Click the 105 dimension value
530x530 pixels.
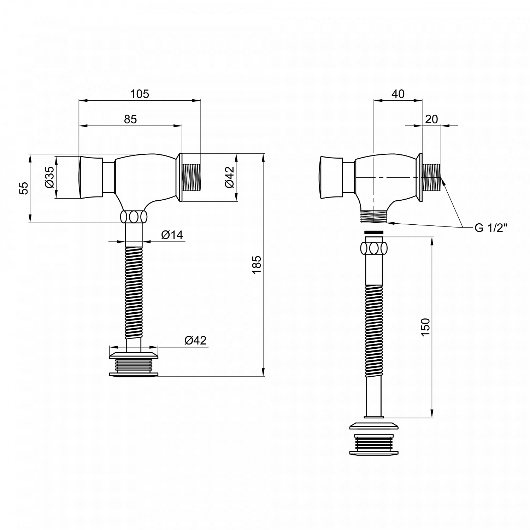click(x=140, y=94)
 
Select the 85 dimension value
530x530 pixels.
click(x=130, y=119)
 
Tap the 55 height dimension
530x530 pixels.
click(x=23, y=188)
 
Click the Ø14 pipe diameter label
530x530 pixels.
click(x=172, y=235)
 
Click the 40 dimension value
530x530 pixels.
click(x=398, y=94)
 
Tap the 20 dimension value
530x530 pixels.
click(x=431, y=119)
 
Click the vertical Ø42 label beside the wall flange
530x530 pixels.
click(x=229, y=177)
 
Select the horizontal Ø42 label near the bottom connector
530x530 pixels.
click(x=195, y=340)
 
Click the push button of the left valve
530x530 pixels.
click(x=90, y=177)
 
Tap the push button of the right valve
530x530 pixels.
click(x=330, y=177)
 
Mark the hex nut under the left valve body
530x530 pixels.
click(x=134, y=217)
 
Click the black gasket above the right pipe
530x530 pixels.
click(x=374, y=232)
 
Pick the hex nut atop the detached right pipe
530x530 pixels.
click(x=374, y=248)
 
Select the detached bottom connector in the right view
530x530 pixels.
click(x=373, y=439)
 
